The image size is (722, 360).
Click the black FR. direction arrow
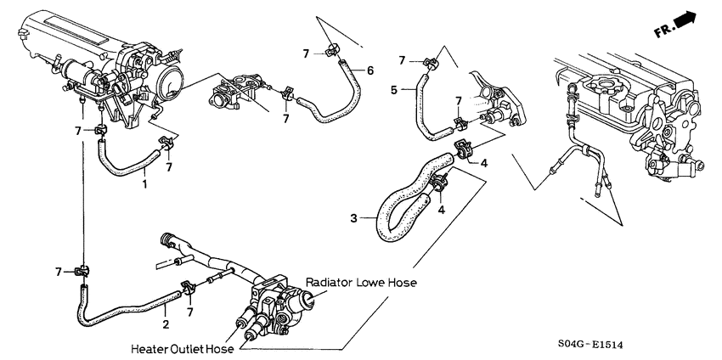pos(686,20)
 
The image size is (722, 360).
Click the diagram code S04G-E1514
pos(593,344)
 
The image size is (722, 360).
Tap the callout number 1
pos(144,184)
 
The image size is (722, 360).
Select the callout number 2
pos(166,324)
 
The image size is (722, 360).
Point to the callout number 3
pos(353,218)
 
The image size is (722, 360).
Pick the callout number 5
pos(393,90)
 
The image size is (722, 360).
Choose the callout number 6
pos(370,70)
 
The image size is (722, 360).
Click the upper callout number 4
pos(484,163)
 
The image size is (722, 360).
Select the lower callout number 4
pos(442,210)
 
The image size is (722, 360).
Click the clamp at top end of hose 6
pos(331,50)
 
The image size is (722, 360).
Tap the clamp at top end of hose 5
pos(430,63)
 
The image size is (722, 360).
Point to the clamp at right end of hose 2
pos(188,288)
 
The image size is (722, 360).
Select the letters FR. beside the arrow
pos(664,31)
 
